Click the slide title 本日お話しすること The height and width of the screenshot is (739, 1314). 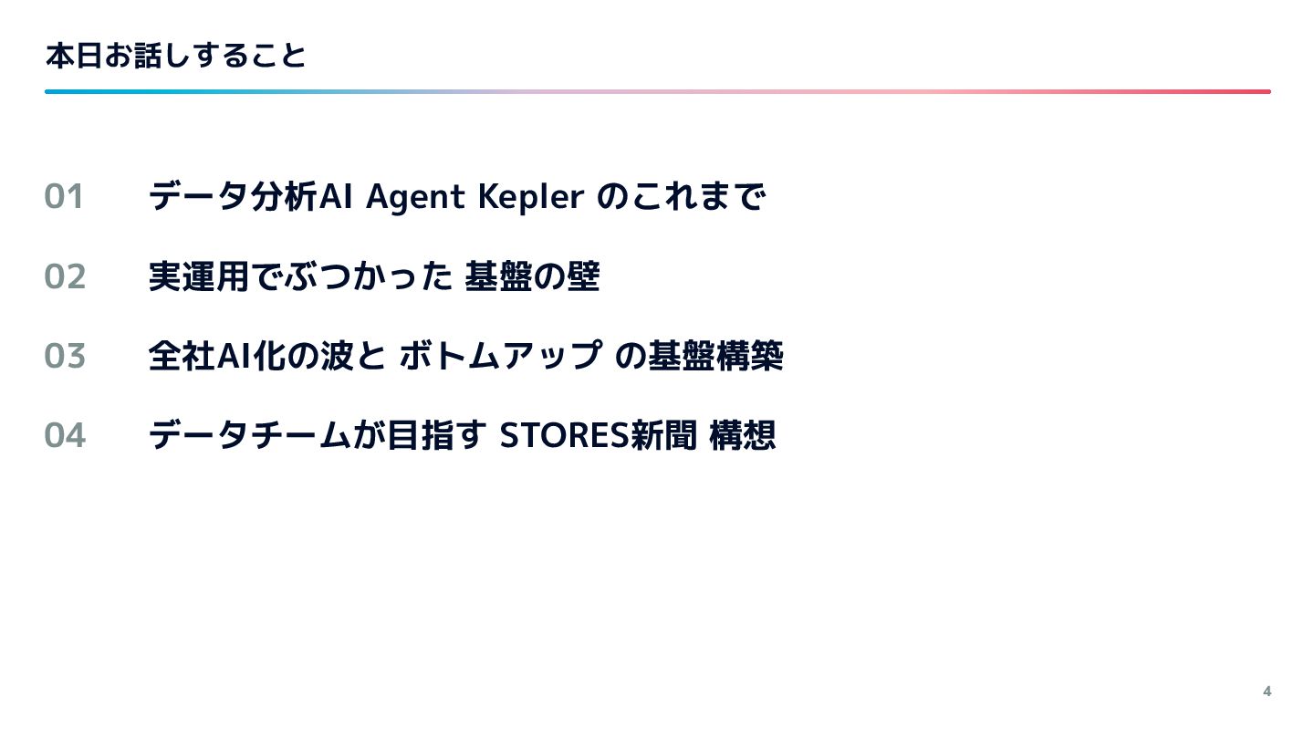(x=175, y=57)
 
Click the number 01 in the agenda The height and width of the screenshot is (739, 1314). (x=64, y=197)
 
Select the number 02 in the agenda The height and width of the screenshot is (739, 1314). (x=65, y=276)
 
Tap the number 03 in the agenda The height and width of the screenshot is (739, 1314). (x=65, y=356)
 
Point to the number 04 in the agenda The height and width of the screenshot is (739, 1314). (x=65, y=435)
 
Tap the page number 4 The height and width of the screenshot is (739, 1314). (x=1267, y=691)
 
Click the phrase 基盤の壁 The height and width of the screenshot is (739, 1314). (x=531, y=276)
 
